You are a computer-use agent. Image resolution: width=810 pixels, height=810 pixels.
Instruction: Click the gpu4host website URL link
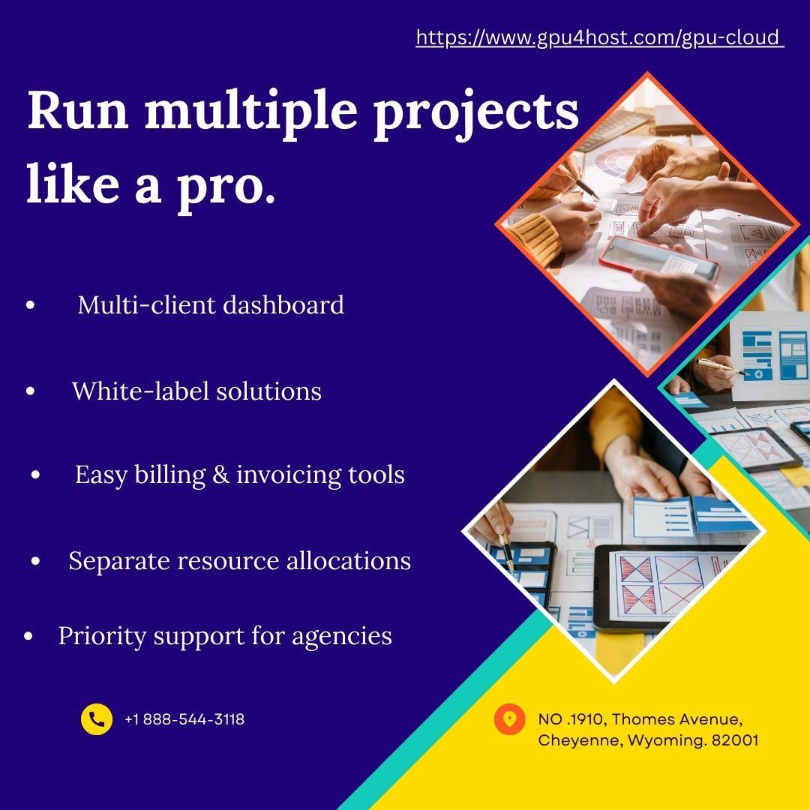click(600, 37)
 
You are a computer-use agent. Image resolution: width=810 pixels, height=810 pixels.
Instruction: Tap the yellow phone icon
click(97, 719)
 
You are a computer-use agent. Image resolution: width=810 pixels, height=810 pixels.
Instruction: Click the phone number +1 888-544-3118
click(184, 719)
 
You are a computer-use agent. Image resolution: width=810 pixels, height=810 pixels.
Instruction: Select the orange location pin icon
click(509, 719)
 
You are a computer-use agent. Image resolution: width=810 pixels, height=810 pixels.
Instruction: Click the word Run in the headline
click(77, 110)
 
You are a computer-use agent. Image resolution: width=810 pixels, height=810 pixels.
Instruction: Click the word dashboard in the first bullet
click(283, 304)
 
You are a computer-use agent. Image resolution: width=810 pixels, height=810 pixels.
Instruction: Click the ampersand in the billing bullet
click(220, 475)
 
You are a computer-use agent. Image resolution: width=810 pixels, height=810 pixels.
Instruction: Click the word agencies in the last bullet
click(341, 637)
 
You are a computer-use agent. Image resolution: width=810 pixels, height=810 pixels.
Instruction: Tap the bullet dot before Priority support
click(28, 637)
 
